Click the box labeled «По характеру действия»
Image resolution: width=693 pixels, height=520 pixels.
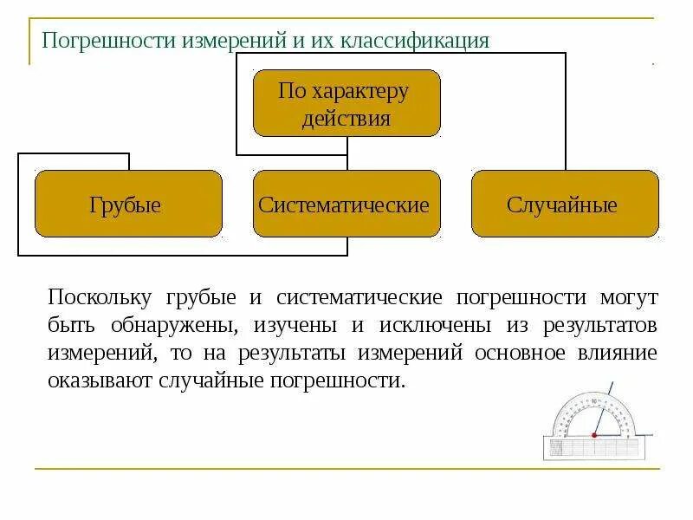point(346,103)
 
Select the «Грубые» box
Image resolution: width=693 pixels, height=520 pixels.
point(128,204)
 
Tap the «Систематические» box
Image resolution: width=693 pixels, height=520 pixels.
point(346,204)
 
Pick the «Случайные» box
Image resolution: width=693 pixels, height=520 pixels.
point(565,204)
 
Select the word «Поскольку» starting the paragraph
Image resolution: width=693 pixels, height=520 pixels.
point(100,297)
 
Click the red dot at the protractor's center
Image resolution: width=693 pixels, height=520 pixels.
point(594,434)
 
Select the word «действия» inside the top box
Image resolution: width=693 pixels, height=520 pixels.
point(346,118)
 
